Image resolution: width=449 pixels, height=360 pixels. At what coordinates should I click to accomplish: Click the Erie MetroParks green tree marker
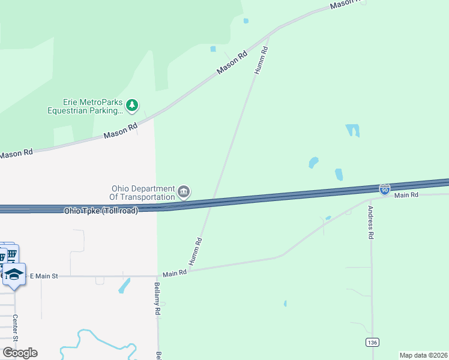[133, 106]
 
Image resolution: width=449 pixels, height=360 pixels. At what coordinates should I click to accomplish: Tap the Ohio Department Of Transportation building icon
[184, 192]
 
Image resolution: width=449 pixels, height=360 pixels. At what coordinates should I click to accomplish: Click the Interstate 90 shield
[385, 189]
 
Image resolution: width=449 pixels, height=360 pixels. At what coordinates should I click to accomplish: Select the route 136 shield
[372, 342]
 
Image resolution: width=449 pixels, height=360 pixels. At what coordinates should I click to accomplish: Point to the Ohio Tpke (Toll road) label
[101, 211]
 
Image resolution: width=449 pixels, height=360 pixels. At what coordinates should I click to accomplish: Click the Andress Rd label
[371, 223]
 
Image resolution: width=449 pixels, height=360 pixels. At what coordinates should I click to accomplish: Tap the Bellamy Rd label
[157, 299]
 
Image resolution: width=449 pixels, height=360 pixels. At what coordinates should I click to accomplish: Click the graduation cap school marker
[14, 274]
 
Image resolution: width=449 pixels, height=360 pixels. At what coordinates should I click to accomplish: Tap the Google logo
[19, 353]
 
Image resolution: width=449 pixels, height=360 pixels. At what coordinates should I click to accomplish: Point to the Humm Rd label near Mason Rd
[261, 61]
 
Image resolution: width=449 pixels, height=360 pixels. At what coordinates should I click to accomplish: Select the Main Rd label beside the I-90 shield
[406, 196]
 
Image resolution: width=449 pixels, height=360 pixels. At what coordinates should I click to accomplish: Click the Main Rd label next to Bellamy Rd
[175, 273]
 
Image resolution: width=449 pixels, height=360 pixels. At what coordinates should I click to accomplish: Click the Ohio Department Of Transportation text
[142, 192]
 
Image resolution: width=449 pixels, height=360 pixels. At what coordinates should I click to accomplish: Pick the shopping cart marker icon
[11, 254]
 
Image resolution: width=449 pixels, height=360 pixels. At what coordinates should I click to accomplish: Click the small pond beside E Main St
[125, 285]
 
